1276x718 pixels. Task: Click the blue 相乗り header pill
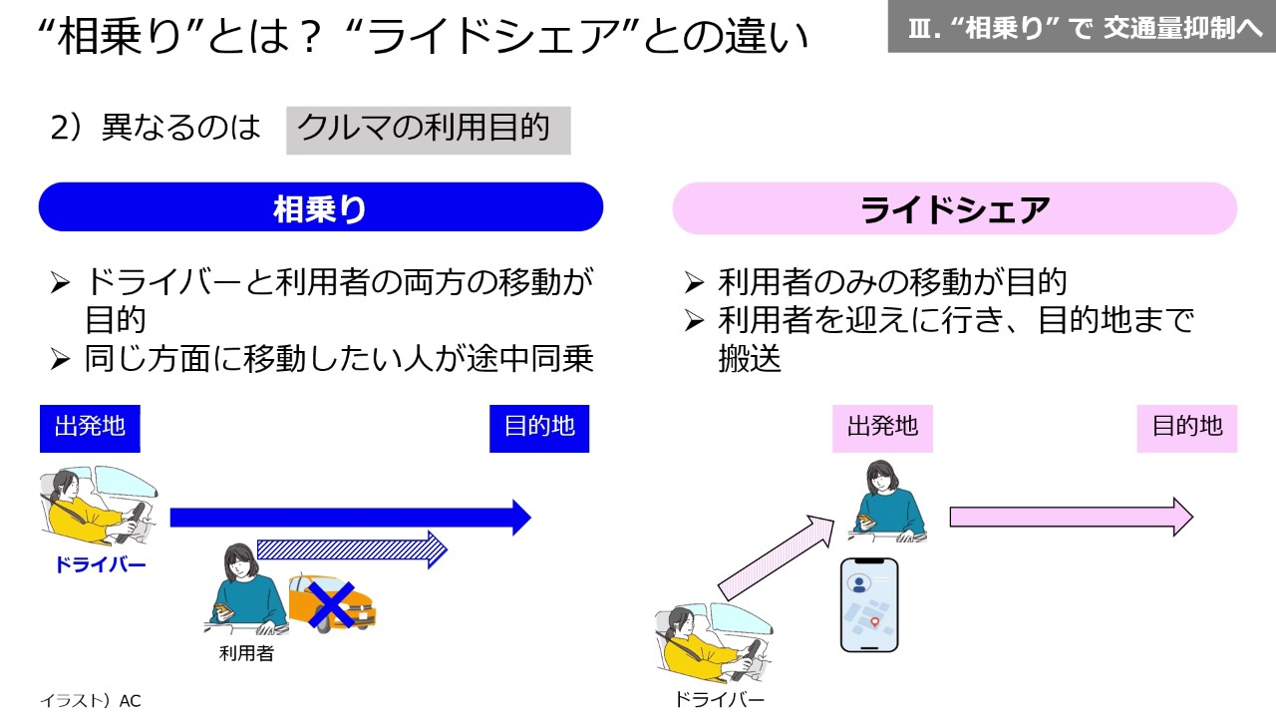pyautogui.click(x=320, y=207)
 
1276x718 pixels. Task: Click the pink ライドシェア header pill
pyautogui.click(x=954, y=208)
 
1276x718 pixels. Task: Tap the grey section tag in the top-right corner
pyautogui.click(x=1081, y=27)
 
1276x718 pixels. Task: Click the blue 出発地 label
pyautogui.click(x=90, y=428)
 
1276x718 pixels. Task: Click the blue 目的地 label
pyautogui.click(x=539, y=428)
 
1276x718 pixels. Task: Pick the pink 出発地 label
pyautogui.click(x=882, y=428)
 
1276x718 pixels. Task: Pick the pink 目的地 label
pyautogui.click(x=1186, y=428)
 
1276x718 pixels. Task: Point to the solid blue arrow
pyautogui.click(x=349, y=518)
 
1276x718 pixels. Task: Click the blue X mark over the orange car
pyautogui.click(x=332, y=603)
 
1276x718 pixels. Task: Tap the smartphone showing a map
pyautogui.click(x=868, y=604)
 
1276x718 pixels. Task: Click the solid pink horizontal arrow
pyautogui.click(x=1070, y=517)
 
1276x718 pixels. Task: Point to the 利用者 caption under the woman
pyautogui.click(x=246, y=654)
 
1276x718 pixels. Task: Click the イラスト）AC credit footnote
pyautogui.click(x=91, y=701)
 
